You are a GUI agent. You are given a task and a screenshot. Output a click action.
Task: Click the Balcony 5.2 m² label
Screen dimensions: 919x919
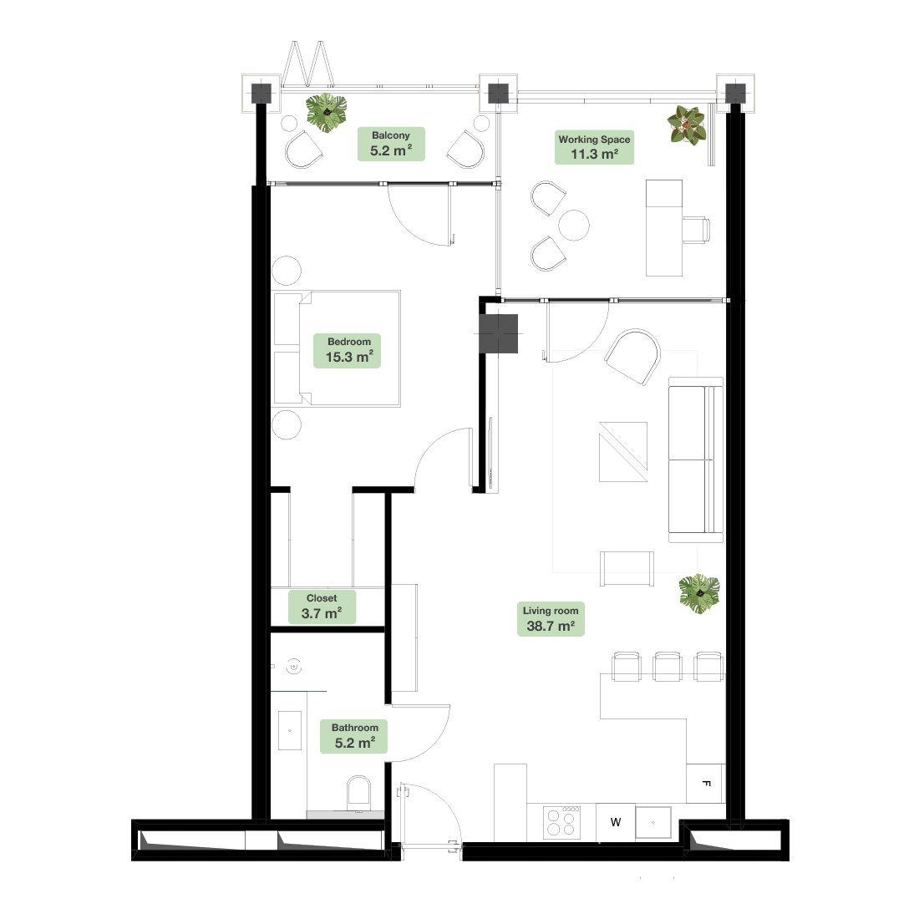[x=391, y=144]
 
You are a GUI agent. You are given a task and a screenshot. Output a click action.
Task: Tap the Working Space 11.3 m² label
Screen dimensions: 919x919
[x=594, y=147]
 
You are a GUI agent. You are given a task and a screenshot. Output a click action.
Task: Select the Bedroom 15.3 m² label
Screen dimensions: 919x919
[x=347, y=351]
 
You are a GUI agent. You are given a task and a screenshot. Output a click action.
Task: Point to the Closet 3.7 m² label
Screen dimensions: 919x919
[x=322, y=607]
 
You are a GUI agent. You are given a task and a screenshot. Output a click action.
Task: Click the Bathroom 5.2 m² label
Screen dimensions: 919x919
[x=353, y=736]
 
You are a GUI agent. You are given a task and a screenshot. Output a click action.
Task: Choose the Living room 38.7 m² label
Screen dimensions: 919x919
[x=551, y=619]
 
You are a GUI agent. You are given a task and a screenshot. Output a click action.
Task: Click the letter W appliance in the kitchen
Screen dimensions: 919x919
[x=616, y=822]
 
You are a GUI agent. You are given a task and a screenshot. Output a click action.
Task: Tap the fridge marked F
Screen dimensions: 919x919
[x=706, y=783]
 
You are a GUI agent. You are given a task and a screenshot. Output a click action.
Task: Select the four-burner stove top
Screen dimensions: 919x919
[x=561, y=822]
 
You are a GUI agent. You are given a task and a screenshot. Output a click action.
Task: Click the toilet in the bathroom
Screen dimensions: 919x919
[x=358, y=793]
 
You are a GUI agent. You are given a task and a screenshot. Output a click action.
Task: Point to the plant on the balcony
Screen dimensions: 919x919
[x=327, y=113]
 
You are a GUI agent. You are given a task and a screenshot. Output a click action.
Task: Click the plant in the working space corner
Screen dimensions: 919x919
[x=686, y=124]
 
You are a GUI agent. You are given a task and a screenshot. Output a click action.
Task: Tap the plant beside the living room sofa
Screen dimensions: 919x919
[x=699, y=594]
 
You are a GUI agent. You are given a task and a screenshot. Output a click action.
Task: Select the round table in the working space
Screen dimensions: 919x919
[x=574, y=225]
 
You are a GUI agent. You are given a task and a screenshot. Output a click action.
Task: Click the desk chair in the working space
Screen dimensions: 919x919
[x=696, y=229]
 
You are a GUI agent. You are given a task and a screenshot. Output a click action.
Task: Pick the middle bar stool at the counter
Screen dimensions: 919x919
[x=668, y=667]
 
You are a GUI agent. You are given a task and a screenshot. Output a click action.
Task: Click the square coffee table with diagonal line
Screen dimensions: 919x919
[x=623, y=452]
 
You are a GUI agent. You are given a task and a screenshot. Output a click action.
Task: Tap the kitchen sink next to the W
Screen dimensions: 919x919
[x=653, y=822]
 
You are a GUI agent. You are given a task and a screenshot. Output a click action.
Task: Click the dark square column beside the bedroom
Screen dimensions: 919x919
[x=498, y=334]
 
